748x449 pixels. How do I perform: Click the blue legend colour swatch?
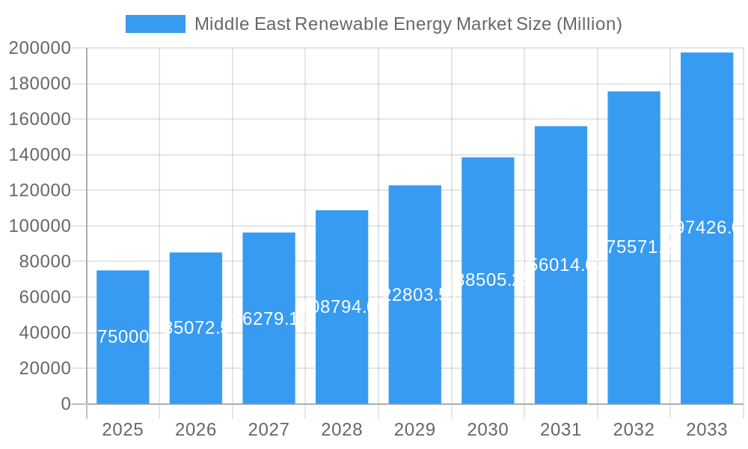(x=155, y=24)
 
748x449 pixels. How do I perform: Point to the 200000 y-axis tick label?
(x=40, y=48)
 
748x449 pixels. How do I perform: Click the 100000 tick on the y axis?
(x=40, y=226)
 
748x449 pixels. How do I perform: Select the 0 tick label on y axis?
(x=66, y=404)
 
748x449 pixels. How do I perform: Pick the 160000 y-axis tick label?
(x=40, y=119)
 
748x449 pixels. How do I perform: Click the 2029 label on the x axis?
(x=415, y=430)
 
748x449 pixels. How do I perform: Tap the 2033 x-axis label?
(x=707, y=430)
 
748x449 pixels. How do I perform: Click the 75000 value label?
(x=123, y=337)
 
